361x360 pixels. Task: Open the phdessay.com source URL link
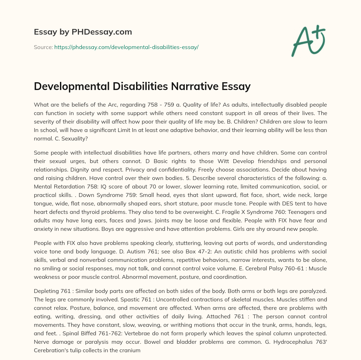click(x=126, y=47)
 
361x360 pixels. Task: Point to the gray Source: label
click(x=43, y=47)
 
